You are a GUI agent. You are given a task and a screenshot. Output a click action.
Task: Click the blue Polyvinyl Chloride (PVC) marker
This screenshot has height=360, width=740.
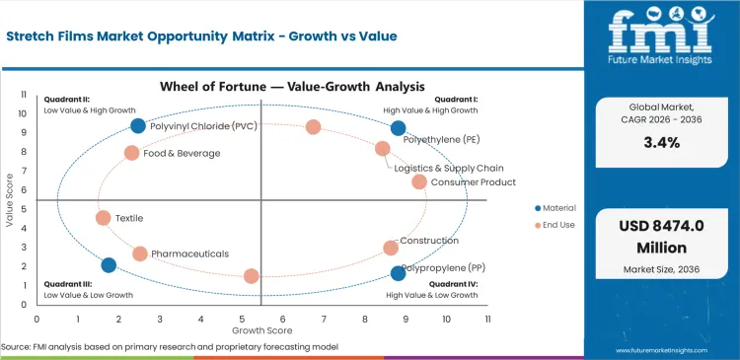click(138, 125)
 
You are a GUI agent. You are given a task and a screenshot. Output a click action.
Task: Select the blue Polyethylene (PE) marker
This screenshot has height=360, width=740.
click(399, 128)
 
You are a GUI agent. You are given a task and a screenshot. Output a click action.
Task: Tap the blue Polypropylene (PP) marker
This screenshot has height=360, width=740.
click(399, 273)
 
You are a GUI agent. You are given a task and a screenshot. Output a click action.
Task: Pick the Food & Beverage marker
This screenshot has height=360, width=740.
click(132, 153)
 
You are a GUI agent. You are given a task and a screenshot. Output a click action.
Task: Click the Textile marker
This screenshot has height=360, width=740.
click(104, 218)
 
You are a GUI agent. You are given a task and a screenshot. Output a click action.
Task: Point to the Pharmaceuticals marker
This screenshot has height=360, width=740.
click(140, 253)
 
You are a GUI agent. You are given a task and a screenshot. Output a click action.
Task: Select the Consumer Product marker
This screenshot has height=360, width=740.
click(419, 181)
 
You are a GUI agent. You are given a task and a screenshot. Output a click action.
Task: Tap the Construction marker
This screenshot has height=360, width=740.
click(391, 248)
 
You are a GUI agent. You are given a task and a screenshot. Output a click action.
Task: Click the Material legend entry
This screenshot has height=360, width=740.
click(555, 208)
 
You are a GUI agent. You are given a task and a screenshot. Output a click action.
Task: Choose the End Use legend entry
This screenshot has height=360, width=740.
click(554, 225)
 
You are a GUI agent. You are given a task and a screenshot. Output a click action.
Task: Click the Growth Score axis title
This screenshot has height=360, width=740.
click(261, 329)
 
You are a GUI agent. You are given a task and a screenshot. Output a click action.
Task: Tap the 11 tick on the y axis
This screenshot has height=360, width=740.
click(25, 94)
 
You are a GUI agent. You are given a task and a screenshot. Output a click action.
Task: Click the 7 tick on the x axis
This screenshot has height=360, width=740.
click(324, 320)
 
